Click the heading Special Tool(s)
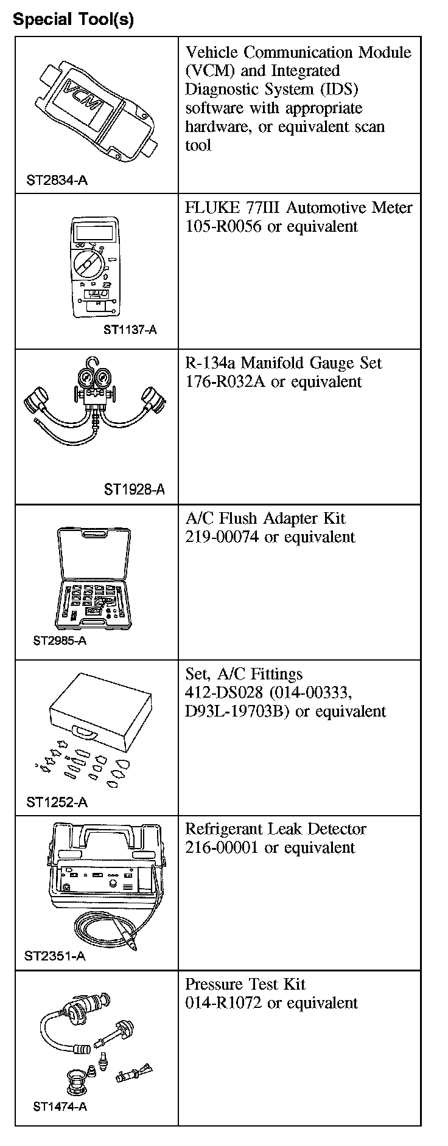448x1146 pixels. click(x=73, y=19)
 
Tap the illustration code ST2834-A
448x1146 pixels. click(x=57, y=180)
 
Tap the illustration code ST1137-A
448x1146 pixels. click(x=130, y=330)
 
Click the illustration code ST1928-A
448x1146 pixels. click(x=134, y=490)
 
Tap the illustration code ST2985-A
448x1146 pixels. click(x=60, y=641)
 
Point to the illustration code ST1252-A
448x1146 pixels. click(x=57, y=802)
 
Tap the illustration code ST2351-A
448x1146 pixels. click(x=55, y=956)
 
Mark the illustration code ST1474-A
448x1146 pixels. click(x=60, y=1106)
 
